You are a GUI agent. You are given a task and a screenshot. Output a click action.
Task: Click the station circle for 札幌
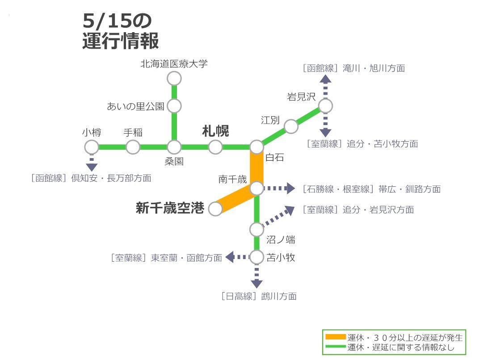point(215,147)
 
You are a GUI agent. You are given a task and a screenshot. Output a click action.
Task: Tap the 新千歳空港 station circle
point(215,209)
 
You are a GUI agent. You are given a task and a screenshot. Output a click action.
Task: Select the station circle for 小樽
point(91,147)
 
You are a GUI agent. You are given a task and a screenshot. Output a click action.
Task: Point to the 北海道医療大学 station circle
point(174,79)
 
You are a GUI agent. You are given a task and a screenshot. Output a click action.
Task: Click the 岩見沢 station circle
point(325,106)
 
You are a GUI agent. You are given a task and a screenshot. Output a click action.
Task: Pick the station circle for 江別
point(291,126)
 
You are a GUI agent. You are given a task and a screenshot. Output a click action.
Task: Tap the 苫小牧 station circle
point(256,257)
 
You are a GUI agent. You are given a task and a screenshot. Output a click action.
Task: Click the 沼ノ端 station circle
point(256,230)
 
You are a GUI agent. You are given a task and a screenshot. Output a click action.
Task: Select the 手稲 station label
point(133,133)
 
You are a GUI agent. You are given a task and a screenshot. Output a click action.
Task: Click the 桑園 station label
point(174,161)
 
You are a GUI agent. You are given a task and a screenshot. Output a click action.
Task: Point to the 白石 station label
point(275,157)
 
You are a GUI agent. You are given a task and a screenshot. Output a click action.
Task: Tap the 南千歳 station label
point(232,179)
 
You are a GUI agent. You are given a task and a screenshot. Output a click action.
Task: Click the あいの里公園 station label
point(136,106)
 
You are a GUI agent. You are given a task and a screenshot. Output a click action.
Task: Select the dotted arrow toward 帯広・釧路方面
point(279,188)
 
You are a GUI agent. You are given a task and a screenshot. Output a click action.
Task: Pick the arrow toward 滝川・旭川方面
point(325,87)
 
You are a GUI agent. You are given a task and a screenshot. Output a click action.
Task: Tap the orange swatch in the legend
point(336,337)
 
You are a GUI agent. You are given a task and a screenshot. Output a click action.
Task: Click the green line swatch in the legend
point(336,347)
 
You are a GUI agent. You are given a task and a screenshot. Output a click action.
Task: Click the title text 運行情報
point(121,41)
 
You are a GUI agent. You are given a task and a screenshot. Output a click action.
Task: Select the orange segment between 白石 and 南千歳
point(256,167)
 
